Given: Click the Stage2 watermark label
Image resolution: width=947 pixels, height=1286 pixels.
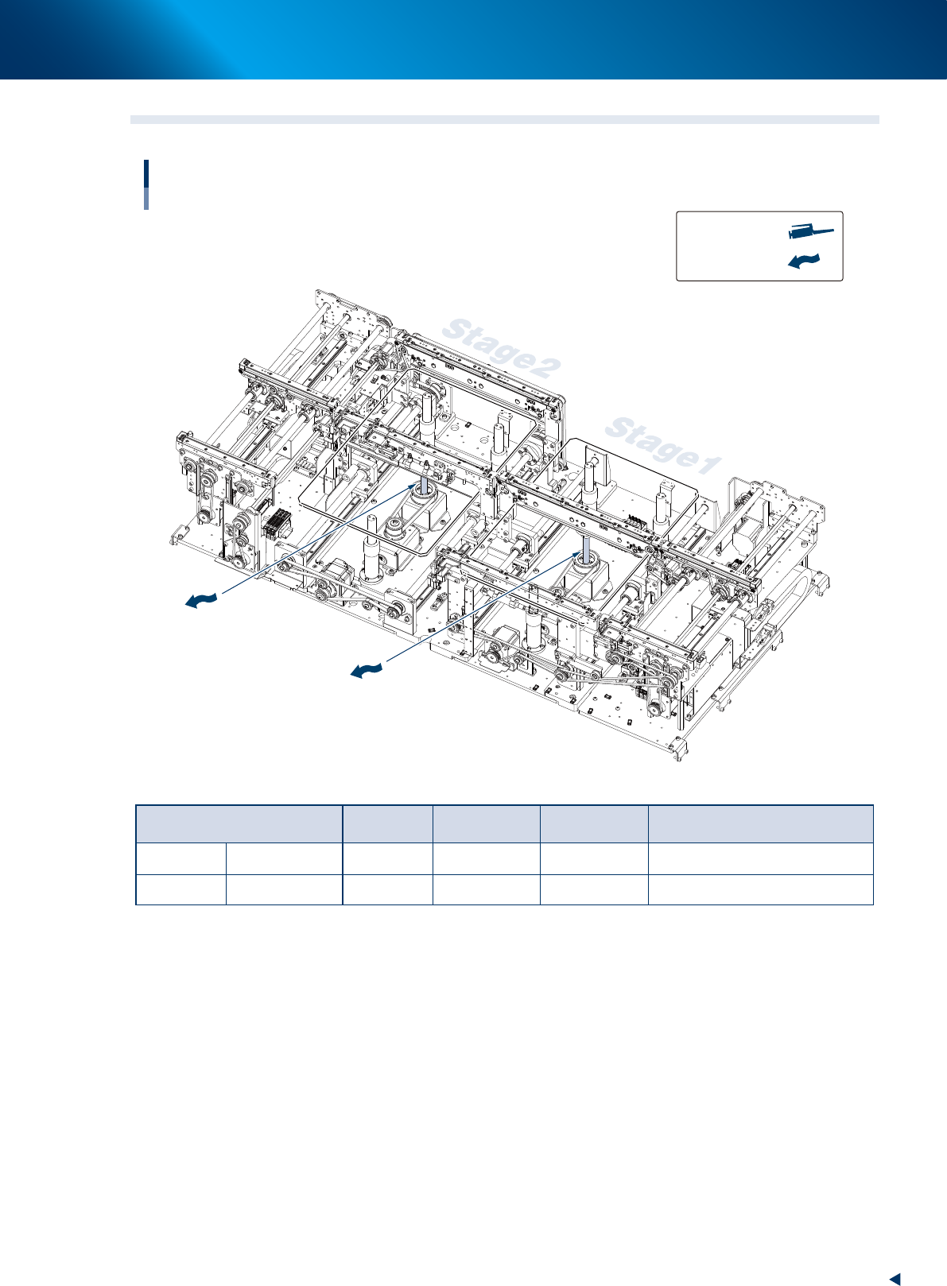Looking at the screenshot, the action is coord(502,348).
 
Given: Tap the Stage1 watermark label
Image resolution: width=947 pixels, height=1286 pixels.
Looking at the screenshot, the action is coord(663,446).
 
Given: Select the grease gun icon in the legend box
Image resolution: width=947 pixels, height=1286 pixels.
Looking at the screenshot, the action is coord(811,232).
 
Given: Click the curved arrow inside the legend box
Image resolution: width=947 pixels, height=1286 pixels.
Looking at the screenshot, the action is coord(803,261).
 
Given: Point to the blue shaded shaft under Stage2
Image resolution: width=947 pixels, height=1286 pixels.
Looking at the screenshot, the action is coord(424,482).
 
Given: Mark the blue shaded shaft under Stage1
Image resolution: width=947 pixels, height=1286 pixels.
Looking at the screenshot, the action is coord(586,548).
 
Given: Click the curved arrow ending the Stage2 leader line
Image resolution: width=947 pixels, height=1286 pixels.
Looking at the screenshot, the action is coord(201,601).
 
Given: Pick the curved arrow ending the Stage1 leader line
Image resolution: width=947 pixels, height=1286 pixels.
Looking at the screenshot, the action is coord(367,669).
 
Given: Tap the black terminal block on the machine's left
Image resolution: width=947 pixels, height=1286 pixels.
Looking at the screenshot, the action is coord(277,521).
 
